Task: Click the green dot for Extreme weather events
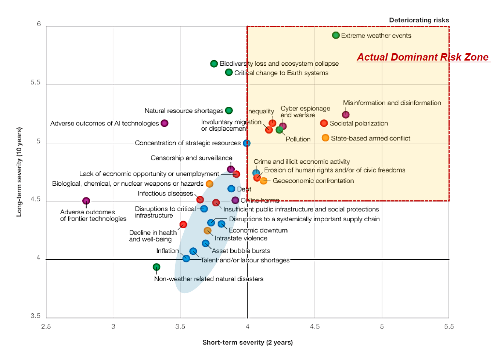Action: tap(335, 36)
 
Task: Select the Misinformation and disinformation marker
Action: tap(346, 115)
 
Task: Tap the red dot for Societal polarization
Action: tap(324, 123)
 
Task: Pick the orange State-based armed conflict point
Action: tap(325, 138)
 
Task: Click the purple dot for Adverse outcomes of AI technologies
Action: tap(165, 123)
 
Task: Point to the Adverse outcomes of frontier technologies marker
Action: tap(86, 201)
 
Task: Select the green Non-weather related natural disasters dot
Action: tap(156, 267)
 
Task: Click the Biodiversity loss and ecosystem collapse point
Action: tap(214, 64)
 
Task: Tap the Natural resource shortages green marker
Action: tap(229, 110)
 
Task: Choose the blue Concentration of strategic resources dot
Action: tap(246, 143)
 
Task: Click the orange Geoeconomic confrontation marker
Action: tap(263, 181)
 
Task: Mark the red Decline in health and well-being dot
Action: tap(183, 225)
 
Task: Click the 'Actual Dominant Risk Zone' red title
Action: tap(423, 57)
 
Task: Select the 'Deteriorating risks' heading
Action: tap(419, 20)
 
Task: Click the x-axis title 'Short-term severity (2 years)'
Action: tap(247, 342)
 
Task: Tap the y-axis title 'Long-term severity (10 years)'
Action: tap(19, 172)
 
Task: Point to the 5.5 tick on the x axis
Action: tap(449, 327)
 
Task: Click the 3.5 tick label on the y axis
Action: tap(35, 316)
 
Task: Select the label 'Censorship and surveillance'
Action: tap(191, 158)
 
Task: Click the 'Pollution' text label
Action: tap(298, 139)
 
